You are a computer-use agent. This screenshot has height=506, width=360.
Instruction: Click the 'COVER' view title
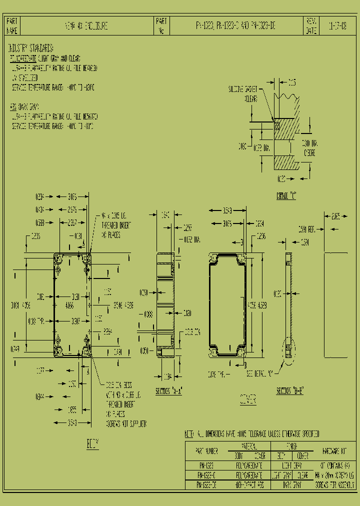248,399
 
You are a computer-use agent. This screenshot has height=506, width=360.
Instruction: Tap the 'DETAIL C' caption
286,196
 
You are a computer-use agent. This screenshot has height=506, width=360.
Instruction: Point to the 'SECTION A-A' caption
168,391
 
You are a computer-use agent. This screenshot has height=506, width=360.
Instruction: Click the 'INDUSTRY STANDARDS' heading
30,48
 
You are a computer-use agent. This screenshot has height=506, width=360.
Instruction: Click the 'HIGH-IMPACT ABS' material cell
248,485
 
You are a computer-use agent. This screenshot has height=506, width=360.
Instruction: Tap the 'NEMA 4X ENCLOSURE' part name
86,25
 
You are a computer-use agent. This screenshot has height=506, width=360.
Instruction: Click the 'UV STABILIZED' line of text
24,77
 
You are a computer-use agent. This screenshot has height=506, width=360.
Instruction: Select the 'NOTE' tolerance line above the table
252,434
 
